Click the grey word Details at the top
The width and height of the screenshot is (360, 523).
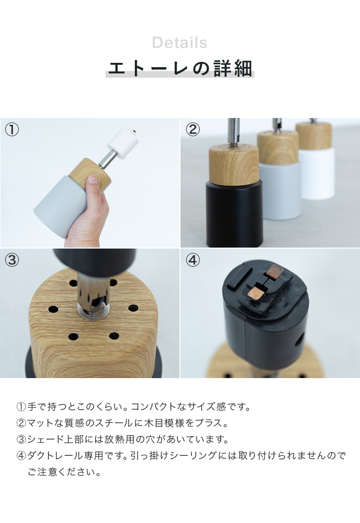180,43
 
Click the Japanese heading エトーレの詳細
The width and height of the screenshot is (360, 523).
180,69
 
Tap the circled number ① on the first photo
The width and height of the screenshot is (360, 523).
12,130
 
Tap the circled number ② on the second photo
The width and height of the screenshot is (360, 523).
193,130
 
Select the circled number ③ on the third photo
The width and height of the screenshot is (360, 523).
12,260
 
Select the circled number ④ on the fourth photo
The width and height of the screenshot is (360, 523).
193,260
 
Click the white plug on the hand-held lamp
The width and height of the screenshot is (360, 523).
122,141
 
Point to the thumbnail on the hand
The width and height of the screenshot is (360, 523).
93,180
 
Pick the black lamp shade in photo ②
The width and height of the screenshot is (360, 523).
234,214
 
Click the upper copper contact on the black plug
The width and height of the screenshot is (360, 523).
274,271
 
